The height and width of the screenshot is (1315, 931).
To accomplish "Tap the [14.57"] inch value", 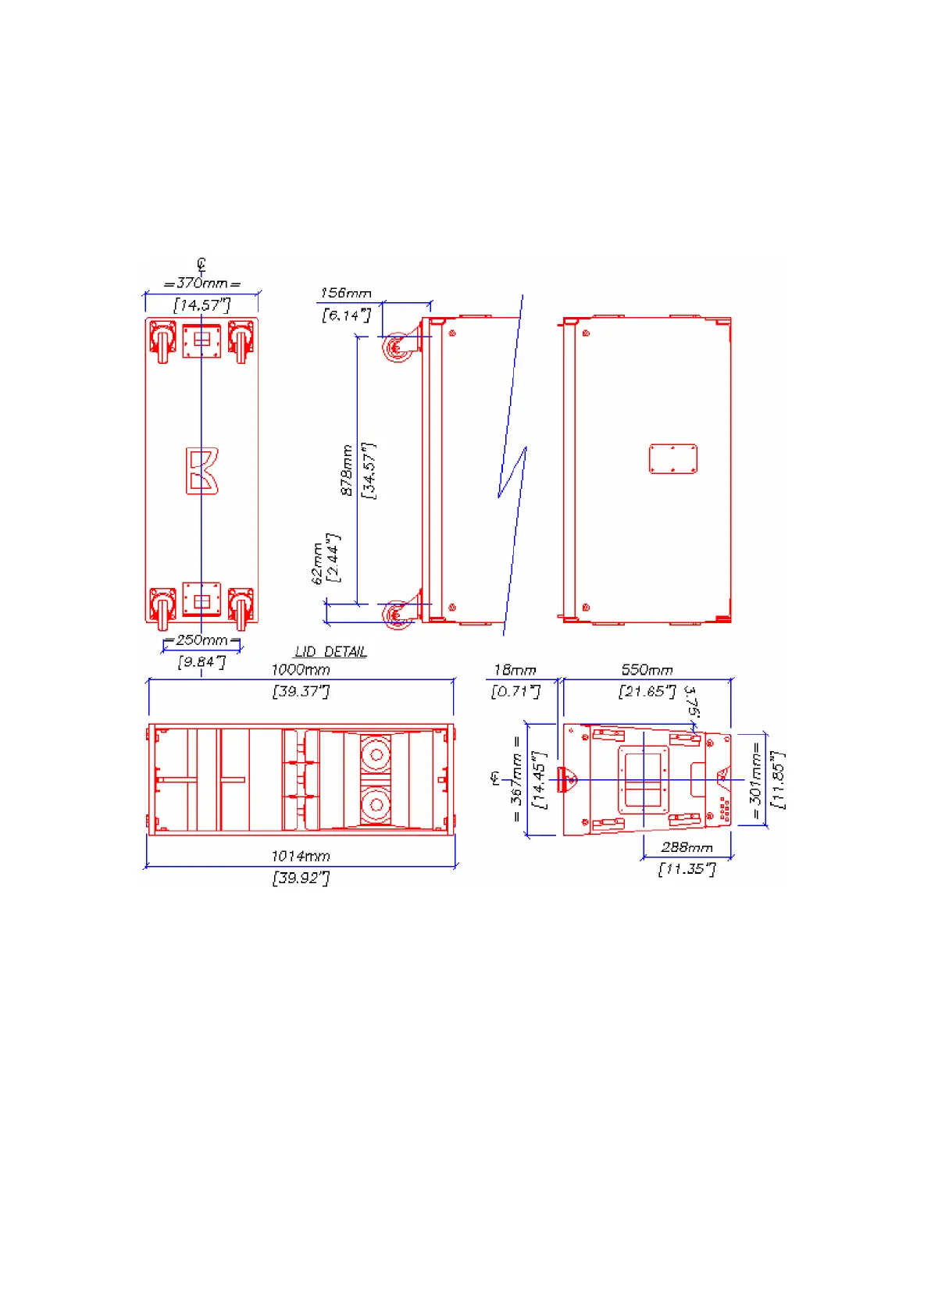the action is click(x=202, y=305).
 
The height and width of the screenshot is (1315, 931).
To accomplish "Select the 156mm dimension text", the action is click(x=346, y=293).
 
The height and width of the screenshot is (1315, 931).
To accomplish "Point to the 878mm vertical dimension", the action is click(x=347, y=469).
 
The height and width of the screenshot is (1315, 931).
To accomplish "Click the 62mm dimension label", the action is click(x=318, y=563).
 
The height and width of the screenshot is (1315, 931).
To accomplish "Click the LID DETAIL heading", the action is click(x=331, y=651).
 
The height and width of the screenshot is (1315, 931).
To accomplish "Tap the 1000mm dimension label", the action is click(x=301, y=670).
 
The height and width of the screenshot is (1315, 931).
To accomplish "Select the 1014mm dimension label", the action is click(x=301, y=856).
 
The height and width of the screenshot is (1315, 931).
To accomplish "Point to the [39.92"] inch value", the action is click(x=301, y=878).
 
